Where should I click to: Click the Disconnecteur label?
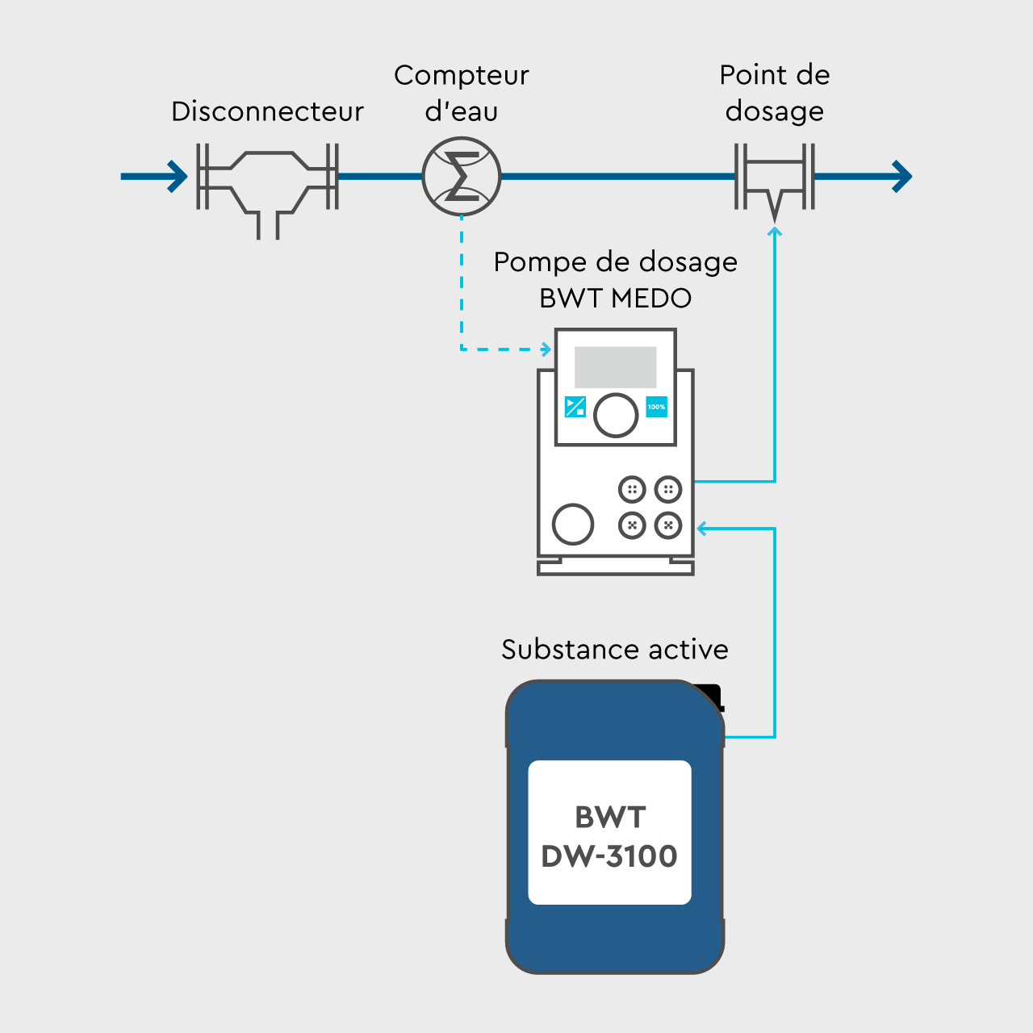pyautogui.click(x=267, y=111)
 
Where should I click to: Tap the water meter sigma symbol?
pyautogui.click(x=462, y=177)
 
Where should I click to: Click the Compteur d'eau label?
pyautogui.click(x=462, y=93)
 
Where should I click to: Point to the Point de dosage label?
pyautogui.click(x=775, y=93)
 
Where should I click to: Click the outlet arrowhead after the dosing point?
pyautogui.click(x=902, y=176)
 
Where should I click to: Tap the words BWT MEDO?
pyautogui.click(x=615, y=299)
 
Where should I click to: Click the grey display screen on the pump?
pyautogui.click(x=615, y=367)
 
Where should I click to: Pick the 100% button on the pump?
pyautogui.click(x=656, y=407)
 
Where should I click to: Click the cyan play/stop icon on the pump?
pyautogui.click(x=575, y=407)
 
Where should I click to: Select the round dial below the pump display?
pyautogui.click(x=616, y=415)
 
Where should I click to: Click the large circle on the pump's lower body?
pyautogui.click(x=573, y=524)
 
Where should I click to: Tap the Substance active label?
pyautogui.click(x=615, y=650)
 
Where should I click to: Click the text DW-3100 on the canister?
pyautogui.click(x=609, y=856)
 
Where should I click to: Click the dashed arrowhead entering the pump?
pyautogui.click(x=546, y=349)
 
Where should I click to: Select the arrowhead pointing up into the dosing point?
pyautogui.click(x=775, y=232)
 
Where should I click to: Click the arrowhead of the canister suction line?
pyautogui.click(x=702, y=529)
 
